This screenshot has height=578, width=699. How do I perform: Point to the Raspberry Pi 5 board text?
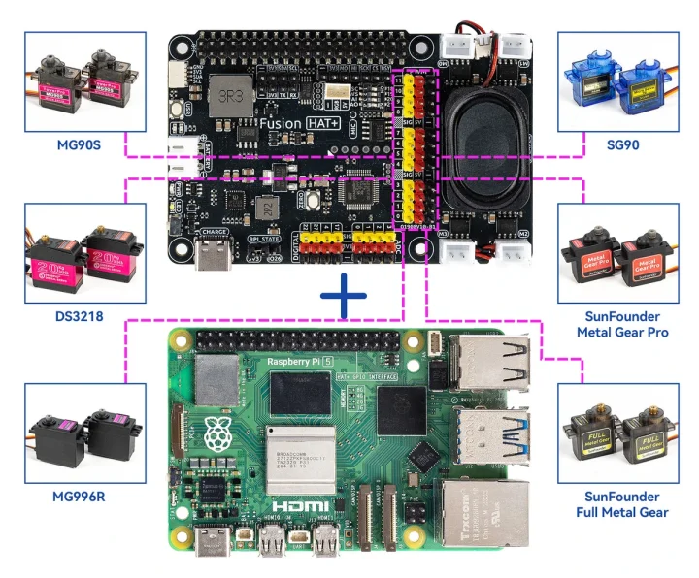[x=301, y=364]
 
